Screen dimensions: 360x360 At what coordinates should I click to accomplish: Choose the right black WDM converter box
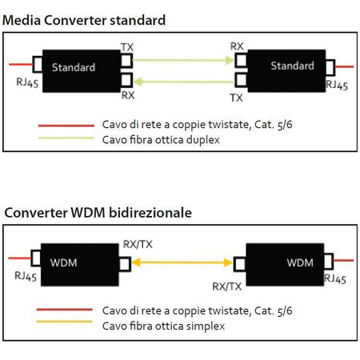tap(287, 261)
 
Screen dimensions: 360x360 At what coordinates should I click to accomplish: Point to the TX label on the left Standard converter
tap(127, 48)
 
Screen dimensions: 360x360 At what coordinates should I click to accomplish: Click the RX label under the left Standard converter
tap(127, 95)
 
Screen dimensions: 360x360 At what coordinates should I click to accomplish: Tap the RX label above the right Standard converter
tap(237, 46)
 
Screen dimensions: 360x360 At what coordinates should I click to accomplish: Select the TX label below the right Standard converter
tap(236, 98)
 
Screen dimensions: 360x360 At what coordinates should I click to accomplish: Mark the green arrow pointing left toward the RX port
tap(182, 79)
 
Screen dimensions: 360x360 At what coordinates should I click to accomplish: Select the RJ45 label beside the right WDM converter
tap(337, 278)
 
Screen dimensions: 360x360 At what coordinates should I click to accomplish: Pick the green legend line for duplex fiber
tap(65, 138)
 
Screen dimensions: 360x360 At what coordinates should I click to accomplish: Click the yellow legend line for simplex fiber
tap(65, 325)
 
